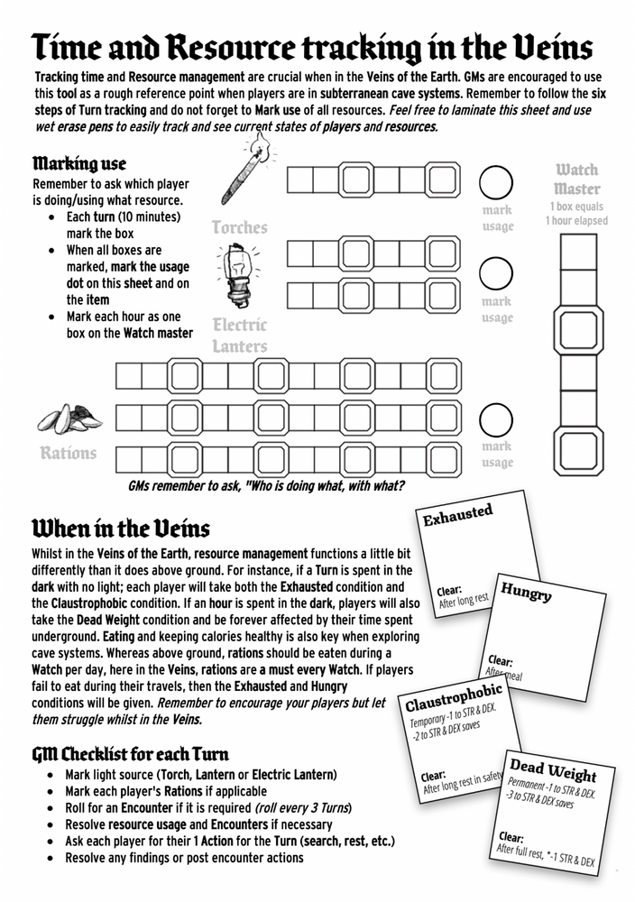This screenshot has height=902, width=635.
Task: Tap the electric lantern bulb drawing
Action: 237,275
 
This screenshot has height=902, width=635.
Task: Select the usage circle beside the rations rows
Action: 495,420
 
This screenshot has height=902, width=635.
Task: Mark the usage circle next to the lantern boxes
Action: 495,274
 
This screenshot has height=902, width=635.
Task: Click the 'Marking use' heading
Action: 78,163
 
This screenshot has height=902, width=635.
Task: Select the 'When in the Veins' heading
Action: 121,528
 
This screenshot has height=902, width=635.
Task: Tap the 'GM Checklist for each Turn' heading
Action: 130,754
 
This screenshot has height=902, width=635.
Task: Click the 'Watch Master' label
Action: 576,179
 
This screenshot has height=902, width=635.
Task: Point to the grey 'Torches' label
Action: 239,227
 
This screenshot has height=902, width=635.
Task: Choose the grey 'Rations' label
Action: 68,453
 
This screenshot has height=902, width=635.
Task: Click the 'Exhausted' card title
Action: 457,515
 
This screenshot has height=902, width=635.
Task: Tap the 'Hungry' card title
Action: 526,593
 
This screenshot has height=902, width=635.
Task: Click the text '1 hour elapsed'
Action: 576,221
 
